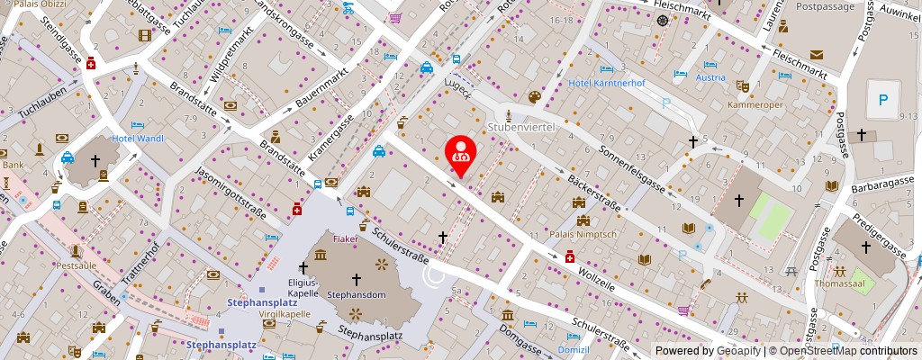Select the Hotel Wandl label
(x=138, y=139)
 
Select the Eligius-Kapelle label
(x=303, y=285)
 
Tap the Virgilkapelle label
(x=285, y=315)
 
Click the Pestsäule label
(x=76, y=266)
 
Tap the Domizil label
(x=573, y=349)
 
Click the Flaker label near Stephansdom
(x=346, y=240)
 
